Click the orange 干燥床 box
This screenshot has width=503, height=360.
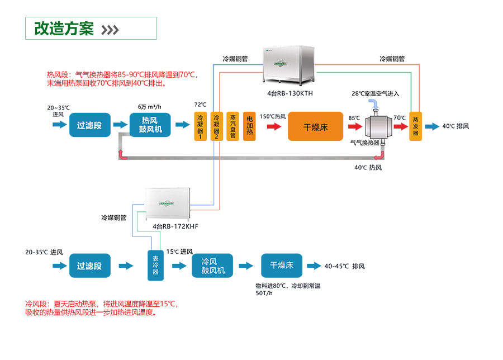coord(315,126)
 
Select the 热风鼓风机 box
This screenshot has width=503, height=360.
coord(150,126)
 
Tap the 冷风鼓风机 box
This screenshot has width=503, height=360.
coord(212,266)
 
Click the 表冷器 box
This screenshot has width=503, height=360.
coord(155,266)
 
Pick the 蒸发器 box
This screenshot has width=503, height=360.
coord(415,126)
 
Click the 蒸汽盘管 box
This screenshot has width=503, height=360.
coord(233,126)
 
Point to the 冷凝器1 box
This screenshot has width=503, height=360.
coord(201,126)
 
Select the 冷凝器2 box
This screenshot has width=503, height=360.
coord(217,126)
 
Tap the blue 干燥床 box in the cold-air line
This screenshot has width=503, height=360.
coord(281,266)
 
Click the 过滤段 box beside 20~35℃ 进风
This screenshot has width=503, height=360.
coord(89,126)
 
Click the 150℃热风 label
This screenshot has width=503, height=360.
coord(272,116)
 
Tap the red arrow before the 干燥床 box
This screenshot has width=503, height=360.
coord(274,126)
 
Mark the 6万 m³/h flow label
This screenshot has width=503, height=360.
coord(149,106)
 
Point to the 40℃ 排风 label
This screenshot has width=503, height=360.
coord(455,126)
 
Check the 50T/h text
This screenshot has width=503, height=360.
coord(264,293)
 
